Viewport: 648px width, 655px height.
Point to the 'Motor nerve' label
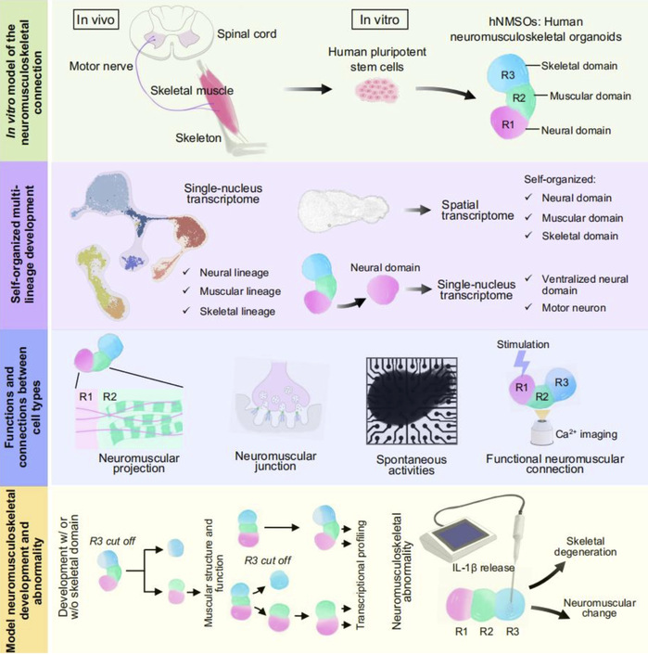pos(99,68)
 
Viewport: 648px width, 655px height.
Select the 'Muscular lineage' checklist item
pos(234,291)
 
